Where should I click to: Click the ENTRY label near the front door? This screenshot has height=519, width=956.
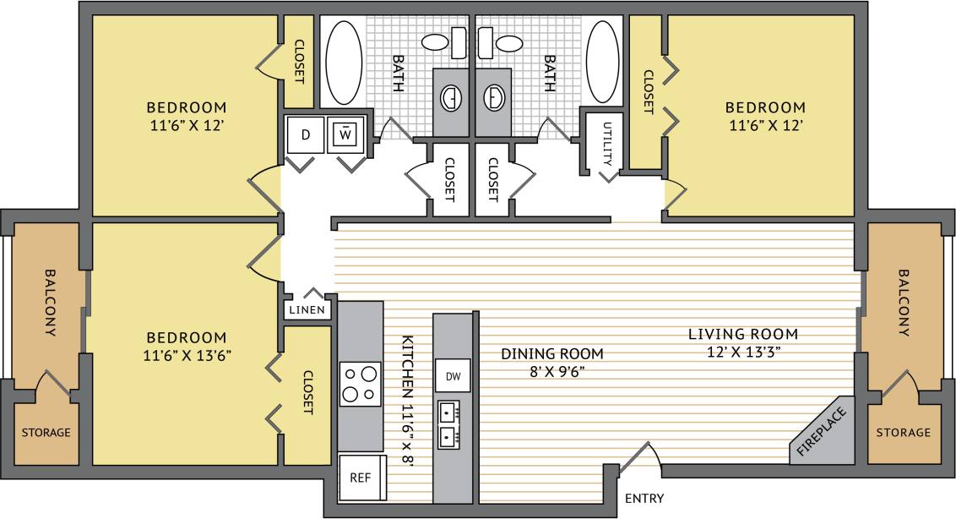tap(644, 498)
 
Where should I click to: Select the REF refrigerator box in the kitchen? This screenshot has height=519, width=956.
tap(361, 477)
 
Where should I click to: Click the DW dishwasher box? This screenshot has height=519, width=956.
tap(452, 374)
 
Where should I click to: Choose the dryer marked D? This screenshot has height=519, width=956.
tap(306, 134)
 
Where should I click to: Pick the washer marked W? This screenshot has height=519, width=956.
tap(346, 134)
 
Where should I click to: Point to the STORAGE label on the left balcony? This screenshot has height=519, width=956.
tap(46, 433)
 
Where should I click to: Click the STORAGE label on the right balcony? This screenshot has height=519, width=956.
tap(903, 433)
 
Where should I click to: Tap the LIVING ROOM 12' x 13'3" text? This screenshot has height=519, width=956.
tap(742, 343)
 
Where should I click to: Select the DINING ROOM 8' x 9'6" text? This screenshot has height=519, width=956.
tap(552, 362)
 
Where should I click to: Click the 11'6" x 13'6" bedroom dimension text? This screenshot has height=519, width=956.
tap(187, 355)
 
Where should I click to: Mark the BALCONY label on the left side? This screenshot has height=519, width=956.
tap(49, 303)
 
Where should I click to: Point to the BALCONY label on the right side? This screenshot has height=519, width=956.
tap(904, 303)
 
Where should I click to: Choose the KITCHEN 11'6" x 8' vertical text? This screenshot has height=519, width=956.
tap(408, 406)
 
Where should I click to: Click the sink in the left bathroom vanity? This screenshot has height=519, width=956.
tap(453, 99)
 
